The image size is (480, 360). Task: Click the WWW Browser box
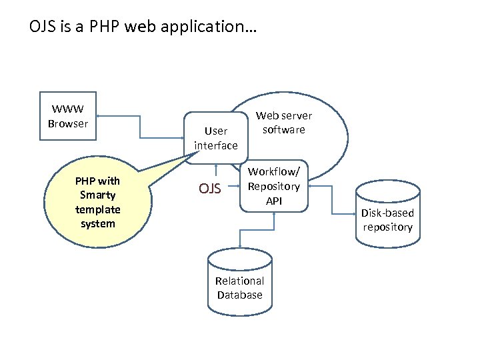(68, 116)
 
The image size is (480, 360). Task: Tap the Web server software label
(283, 123)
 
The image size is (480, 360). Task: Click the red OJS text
(210, 189)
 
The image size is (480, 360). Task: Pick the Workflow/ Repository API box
(274, 187)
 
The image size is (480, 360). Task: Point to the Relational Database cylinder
(240, 283)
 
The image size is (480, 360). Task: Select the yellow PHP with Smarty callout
(98, 202)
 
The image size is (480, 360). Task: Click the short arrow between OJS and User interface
(215, 171)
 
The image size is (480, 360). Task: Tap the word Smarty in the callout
(98, 195)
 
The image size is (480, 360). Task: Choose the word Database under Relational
(240, 295)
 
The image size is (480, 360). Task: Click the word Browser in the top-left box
(68, 123)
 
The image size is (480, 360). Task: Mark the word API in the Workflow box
(274, 199)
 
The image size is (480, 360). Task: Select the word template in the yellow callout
(98, 209)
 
